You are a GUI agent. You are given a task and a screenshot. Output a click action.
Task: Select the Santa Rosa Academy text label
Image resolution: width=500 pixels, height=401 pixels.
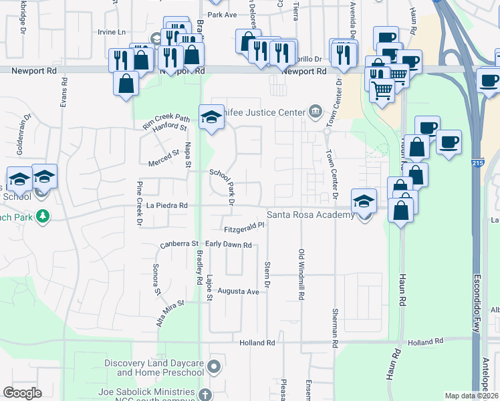pos(310,215)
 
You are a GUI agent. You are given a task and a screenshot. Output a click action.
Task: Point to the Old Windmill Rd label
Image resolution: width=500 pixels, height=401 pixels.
pos(301,274)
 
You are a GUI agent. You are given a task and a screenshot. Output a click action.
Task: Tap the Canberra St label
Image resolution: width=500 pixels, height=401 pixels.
pos(180,245)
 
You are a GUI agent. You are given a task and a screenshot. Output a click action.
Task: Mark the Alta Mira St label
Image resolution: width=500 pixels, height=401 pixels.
pos(170,313)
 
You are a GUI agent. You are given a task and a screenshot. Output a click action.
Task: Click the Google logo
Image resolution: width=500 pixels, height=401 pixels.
pos(22,392)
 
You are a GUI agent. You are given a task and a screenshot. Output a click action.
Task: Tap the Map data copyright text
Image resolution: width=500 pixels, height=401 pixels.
pos(472,395)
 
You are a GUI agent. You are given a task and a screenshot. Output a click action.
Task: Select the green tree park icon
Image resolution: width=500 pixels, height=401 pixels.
pos(43,217)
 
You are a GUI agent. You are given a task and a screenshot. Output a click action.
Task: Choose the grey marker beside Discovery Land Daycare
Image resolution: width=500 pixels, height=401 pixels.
pos(214,366)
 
